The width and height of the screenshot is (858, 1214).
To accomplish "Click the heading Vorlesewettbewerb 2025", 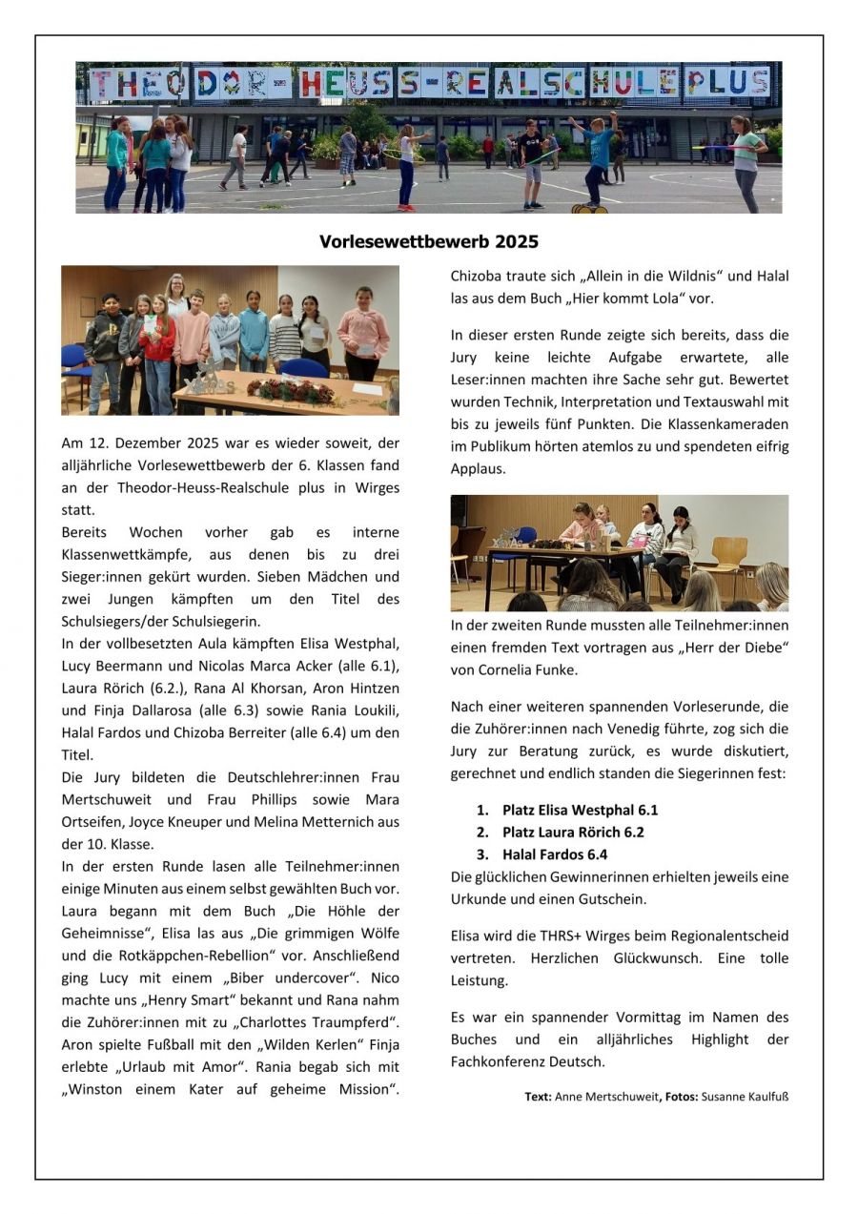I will coord(428,242).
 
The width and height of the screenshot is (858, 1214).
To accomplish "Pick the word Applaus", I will coord(478,468).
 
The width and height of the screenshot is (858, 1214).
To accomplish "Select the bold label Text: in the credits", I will coord(538,1097).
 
